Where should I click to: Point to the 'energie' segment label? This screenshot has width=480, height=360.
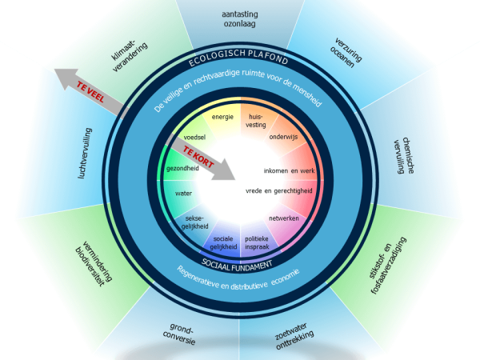[x=222, y=117]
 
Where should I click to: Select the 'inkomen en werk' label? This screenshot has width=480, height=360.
[x=291, y=171]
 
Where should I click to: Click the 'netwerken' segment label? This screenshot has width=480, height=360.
[x=284, y=218]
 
